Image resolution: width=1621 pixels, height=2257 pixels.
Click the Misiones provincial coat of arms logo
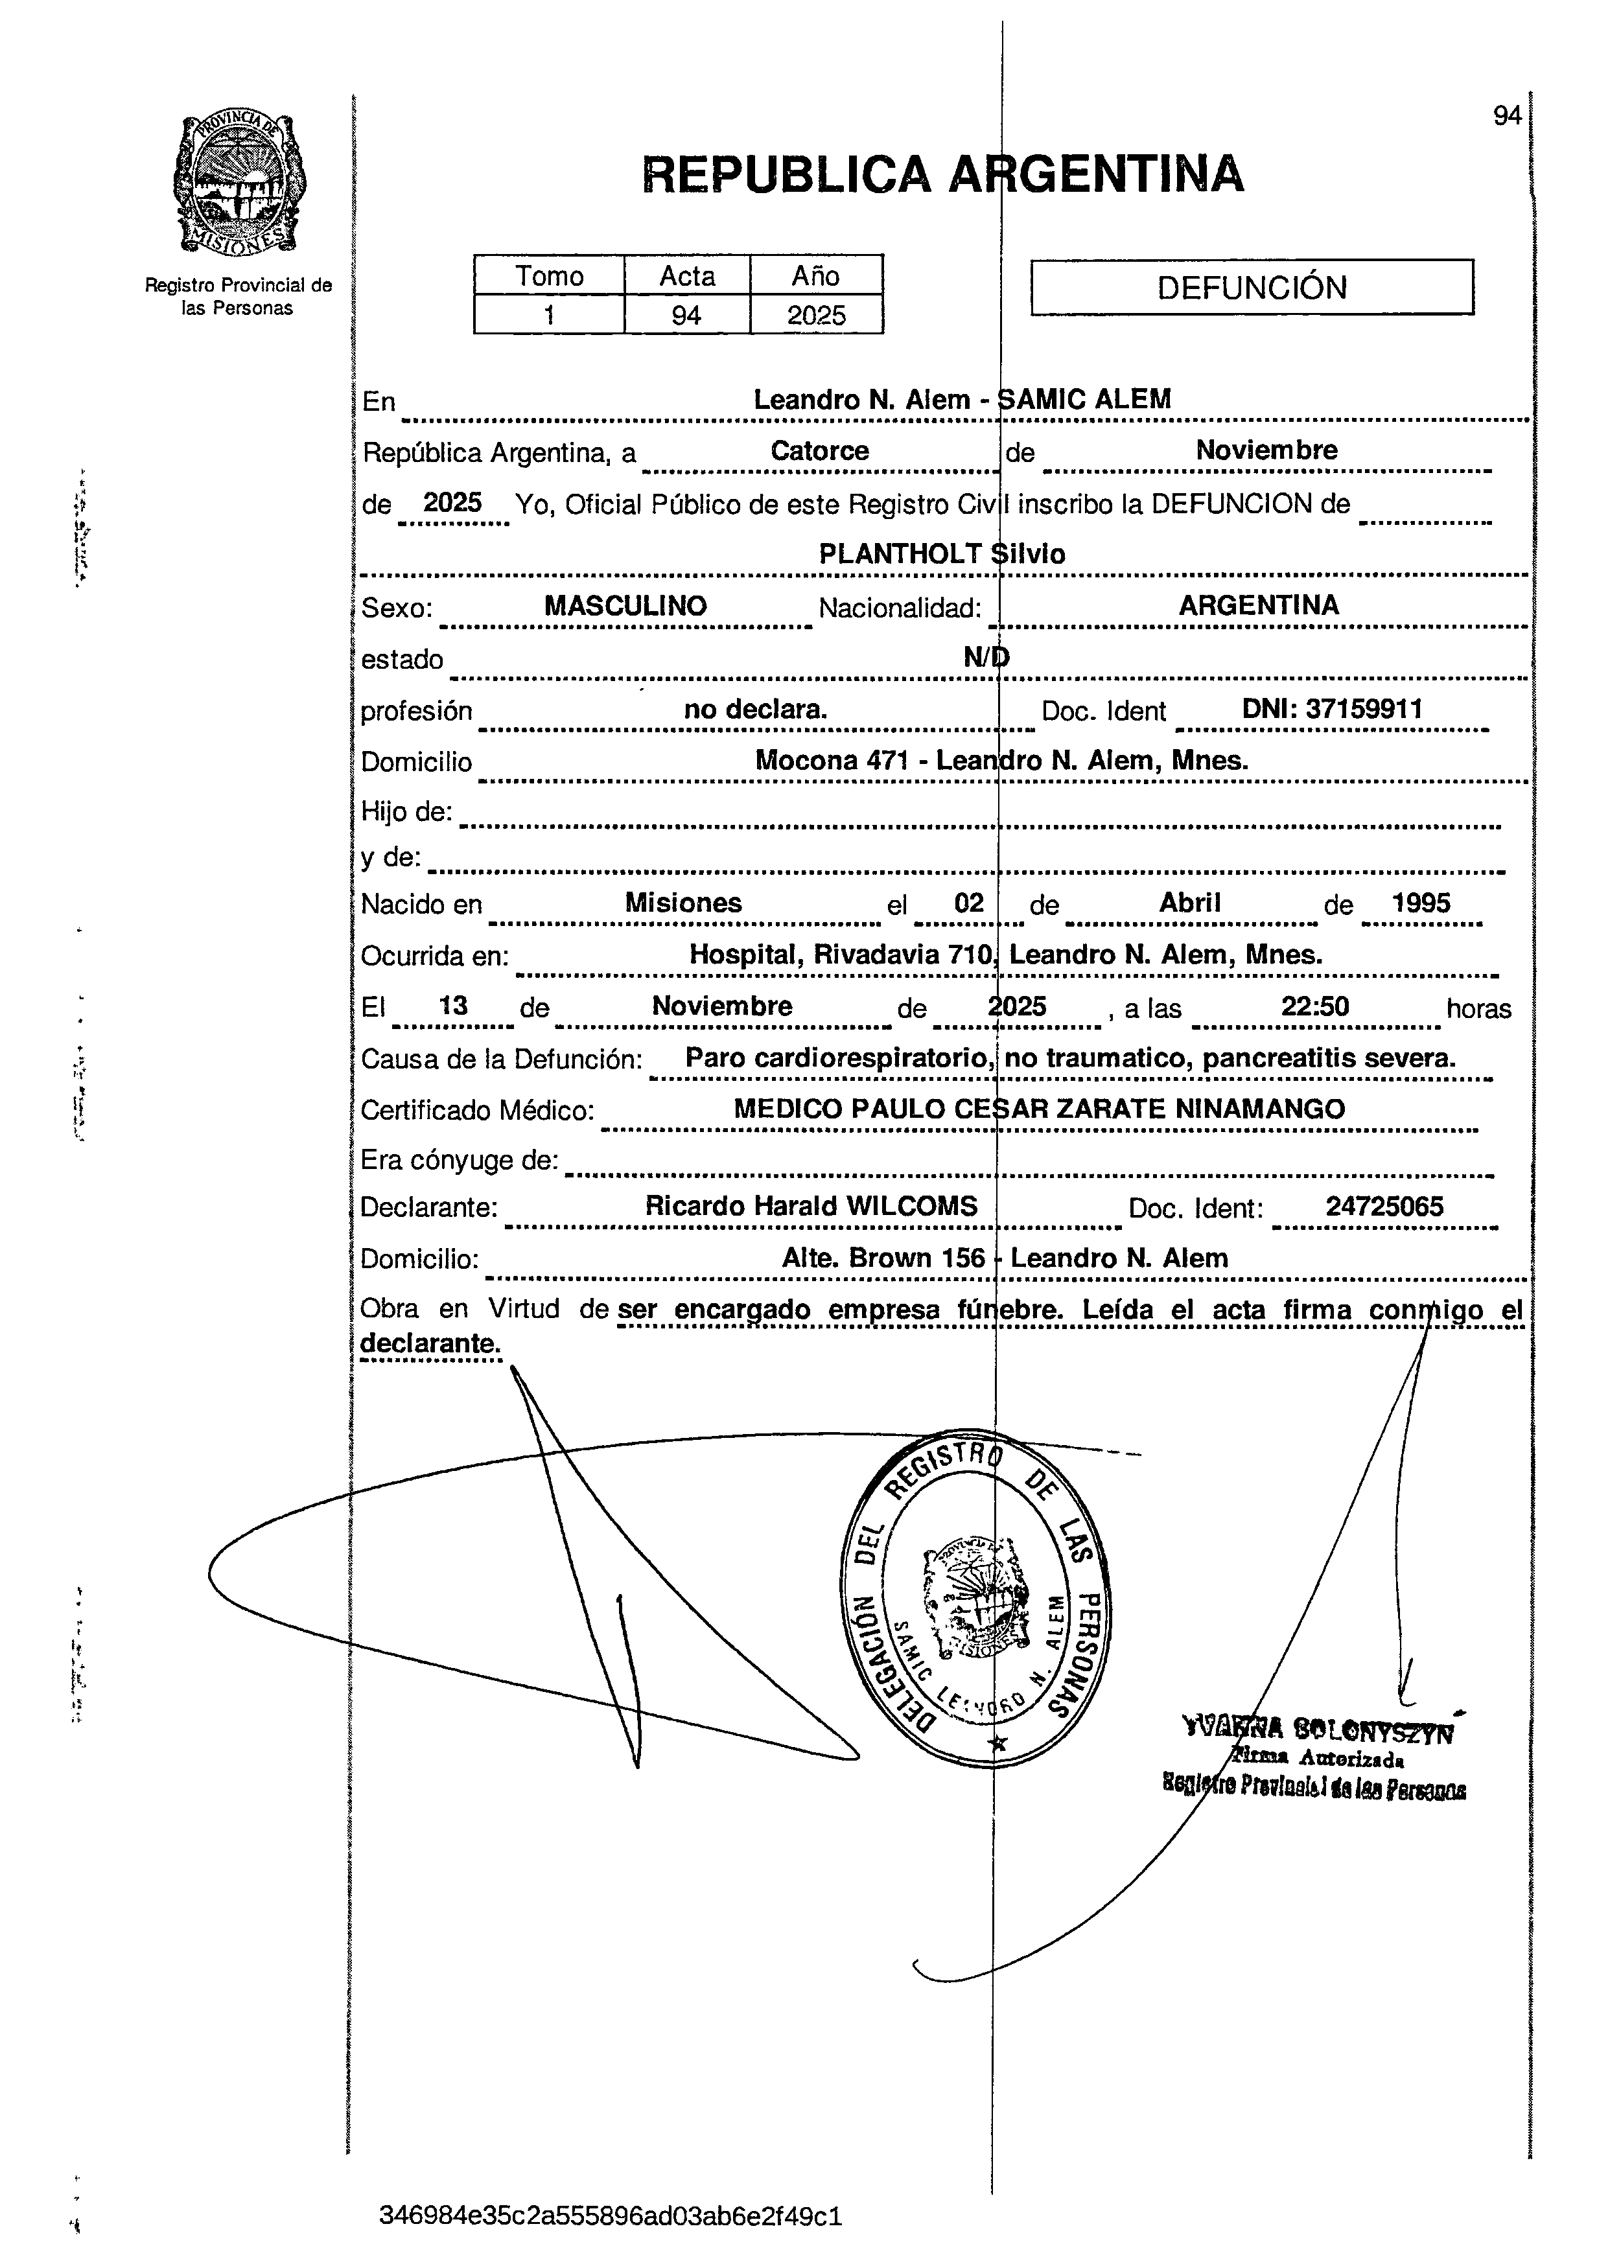pyautogui.click(x=239, y=183)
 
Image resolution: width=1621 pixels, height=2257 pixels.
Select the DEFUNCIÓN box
pyautogui.click(x=1251, y=288)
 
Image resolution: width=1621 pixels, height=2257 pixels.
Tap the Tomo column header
pyautogui.click(x=548, y=275)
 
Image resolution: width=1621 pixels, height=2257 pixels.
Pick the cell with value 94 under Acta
pyautogui.click(x=686, y=316)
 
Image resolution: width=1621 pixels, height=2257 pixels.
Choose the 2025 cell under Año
pyautogui.click(x=816, y=316)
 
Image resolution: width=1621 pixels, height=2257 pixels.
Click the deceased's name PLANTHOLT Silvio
pyautogui.click(x=941, y=554)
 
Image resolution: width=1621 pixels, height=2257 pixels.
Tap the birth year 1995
pyautogui.click(x=1420, y=903)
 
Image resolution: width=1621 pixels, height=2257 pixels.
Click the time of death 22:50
pyautogui.click(x=1314, y=1006)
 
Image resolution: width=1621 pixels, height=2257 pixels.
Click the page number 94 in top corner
pyautogui.click(x=1506, y=117)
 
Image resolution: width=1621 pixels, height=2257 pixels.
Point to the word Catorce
pyautogui.click(x=819, y=451)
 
